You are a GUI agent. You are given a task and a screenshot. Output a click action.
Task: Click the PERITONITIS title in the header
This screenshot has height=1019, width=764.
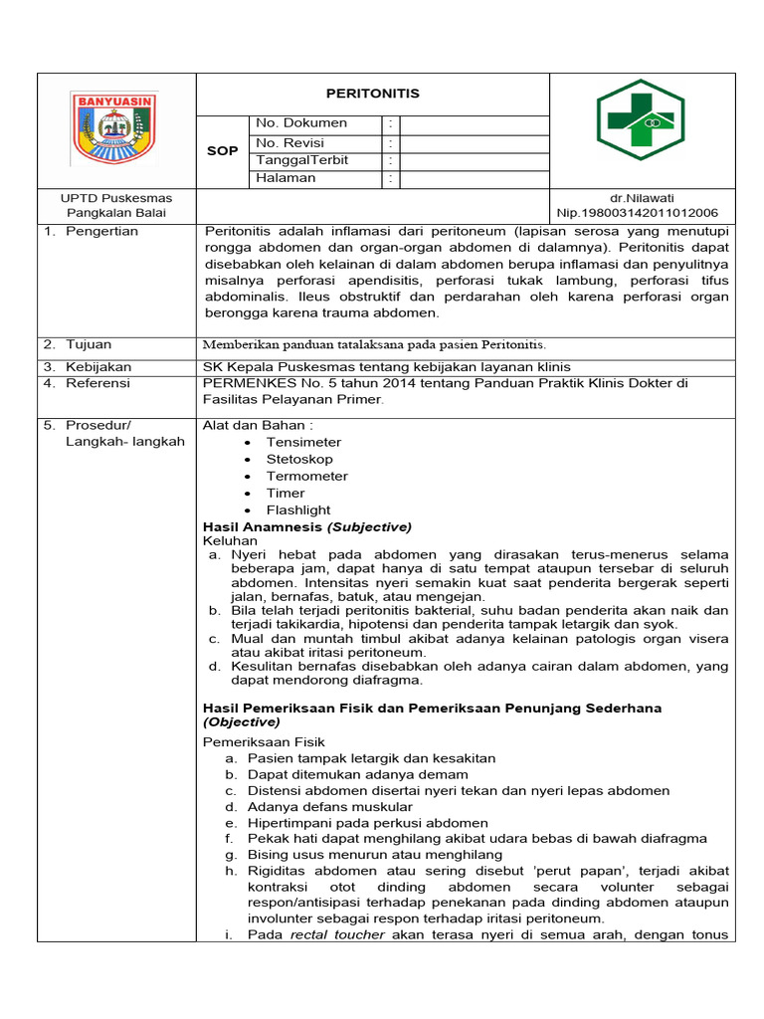coord(373,94)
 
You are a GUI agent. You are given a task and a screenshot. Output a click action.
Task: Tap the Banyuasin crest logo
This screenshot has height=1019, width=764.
coord(115,127)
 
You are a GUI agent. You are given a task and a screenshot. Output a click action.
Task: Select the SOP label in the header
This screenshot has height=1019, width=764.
coord(222,151)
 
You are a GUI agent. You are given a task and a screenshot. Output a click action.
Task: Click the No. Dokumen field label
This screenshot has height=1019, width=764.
coord(301,123)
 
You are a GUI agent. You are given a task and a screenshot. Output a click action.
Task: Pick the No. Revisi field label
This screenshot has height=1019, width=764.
coord(290,142)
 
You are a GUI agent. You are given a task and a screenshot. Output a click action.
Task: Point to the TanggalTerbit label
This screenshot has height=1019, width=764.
coord(301,160)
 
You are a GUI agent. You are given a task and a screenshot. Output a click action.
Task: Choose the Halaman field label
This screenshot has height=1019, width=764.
coord(286,178)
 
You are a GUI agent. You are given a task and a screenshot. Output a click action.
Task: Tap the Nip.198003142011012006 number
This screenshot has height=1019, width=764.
coord(637,213)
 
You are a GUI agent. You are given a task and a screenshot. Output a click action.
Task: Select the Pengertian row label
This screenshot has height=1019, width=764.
coord(101,231)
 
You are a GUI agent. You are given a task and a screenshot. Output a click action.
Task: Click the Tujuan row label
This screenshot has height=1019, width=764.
coord(89,344)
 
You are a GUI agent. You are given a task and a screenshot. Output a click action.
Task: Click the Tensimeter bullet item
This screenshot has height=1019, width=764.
coord(303,442)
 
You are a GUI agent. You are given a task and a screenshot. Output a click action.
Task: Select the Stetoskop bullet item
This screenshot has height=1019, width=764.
coord(299,459)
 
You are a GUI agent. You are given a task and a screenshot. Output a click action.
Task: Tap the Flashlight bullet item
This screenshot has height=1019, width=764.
coord(298,509)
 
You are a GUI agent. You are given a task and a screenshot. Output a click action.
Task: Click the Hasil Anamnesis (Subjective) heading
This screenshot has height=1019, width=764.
coord(306,526)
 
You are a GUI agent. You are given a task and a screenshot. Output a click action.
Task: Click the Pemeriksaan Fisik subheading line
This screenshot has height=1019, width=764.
coord(264,741)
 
